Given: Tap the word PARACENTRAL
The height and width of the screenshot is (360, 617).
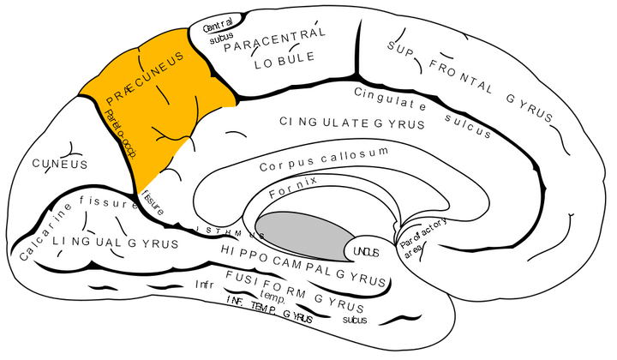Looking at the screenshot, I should click(x=274, y=40).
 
